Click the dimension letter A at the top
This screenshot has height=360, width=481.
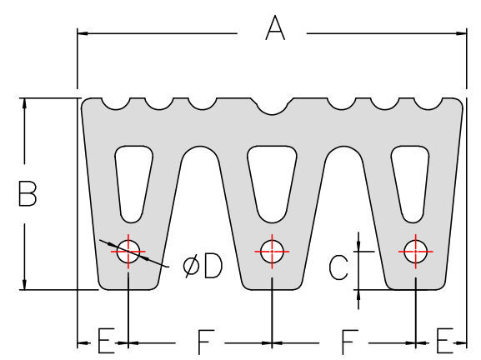(275, 28)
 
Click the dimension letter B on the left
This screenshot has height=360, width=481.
(28, 193)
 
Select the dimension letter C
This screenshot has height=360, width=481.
(338, 267)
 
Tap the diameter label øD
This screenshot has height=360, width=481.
(203, 267)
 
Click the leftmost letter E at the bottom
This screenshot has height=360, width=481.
(106, 341)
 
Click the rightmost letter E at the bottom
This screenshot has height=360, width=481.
(444, 341)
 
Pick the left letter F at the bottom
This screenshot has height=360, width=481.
(205, 342)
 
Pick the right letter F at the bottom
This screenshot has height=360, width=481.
(349, 342)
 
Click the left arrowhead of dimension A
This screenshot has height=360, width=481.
(83, 33)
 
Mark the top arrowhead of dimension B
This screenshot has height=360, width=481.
(24, 104)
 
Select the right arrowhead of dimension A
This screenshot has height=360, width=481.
(461, 33)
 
